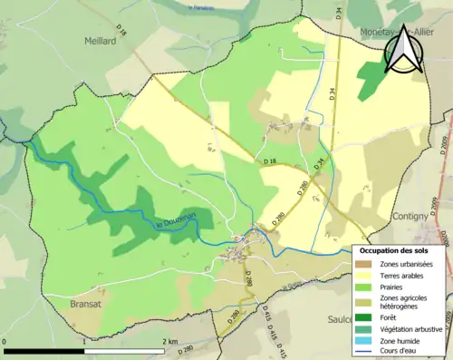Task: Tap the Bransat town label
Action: (x=87, y=305)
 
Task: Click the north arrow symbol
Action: (x=402, y=48)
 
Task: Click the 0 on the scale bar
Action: (x=5, y=341)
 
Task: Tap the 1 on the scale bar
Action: (x=84, y=341)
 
